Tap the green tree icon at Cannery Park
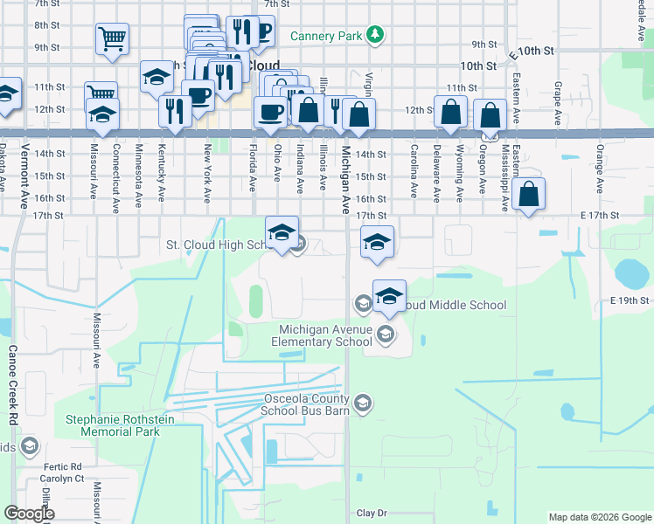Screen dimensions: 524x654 coord(375,34)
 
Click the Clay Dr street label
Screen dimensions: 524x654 coord(372,513)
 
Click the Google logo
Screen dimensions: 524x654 coord(29,514)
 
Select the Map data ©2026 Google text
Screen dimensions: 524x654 coord(599,517)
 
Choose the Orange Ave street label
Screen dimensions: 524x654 coord(600,166)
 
